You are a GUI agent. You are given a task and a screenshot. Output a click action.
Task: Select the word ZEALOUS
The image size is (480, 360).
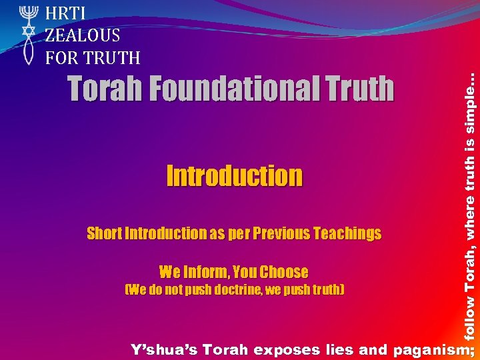(83, 35)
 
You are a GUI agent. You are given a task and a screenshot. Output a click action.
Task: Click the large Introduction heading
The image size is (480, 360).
(234, 176)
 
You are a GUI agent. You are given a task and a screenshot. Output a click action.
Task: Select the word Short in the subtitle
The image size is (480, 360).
(104, 233)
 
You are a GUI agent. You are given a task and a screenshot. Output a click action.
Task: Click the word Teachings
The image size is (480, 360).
(347, 233)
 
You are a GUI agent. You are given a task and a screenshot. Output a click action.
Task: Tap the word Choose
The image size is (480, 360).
(284, 272)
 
